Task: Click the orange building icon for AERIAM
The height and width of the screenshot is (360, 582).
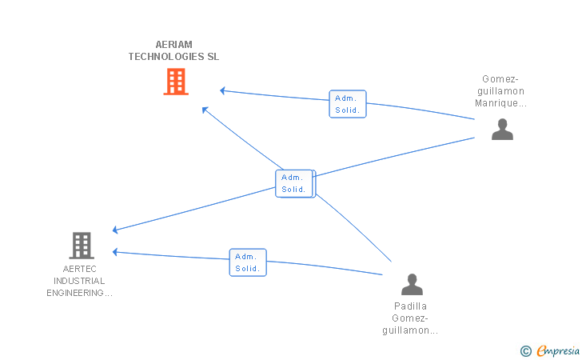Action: [176, 82]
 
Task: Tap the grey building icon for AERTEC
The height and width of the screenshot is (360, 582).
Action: [82, 245]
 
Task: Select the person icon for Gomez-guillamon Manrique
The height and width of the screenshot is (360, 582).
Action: [502, 129]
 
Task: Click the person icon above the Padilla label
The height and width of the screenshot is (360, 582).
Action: [412, 284]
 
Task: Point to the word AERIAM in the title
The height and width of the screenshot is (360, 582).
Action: [173, 45]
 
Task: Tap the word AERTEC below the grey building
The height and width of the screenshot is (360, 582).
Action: [79, 270]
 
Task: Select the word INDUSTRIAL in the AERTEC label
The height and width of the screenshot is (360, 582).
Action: [79, 282]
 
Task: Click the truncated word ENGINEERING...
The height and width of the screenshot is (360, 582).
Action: [79, 294]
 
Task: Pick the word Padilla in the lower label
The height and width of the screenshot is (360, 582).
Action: [411, 306]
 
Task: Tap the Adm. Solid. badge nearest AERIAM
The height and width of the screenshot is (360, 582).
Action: [347, 104]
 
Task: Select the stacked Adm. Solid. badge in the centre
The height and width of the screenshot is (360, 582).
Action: [294, 183]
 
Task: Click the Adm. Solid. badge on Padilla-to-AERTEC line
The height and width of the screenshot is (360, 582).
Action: [248, 262]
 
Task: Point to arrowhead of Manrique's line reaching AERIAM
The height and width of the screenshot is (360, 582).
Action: [223, 90]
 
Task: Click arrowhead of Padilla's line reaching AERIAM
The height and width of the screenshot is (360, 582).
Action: [205, 109]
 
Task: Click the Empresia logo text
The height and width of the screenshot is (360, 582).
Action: [558, 350]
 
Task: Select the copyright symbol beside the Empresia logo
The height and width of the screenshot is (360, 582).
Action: [525, 350]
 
